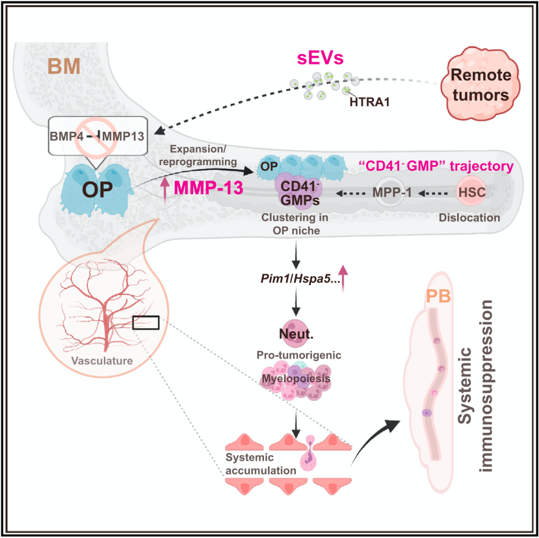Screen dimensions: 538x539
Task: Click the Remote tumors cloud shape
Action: pyautogui.click(x=481, y=84)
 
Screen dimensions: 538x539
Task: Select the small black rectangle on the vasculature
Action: pyautogui.click(x=146, y=323)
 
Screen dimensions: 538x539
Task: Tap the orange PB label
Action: pyautogui.click(x=439, y=296)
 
